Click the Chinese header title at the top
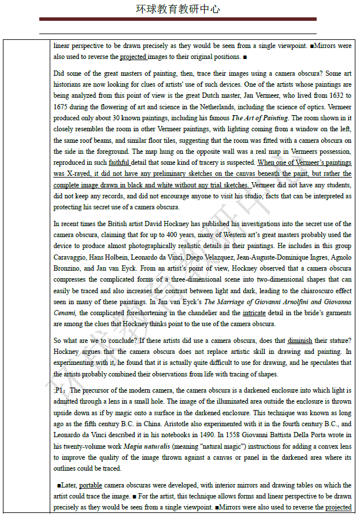[177, 9]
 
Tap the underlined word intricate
[254, 313]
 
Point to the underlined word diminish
[299, 341]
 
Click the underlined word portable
[91, 485]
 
